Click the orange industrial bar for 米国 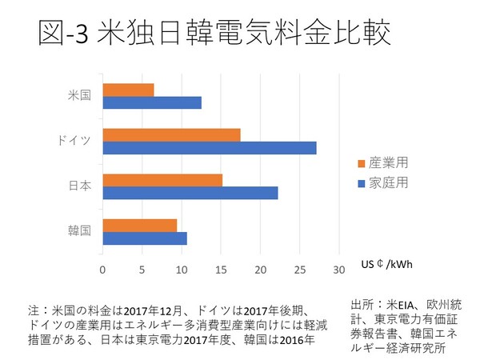point(128,90)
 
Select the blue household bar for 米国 point(152,102)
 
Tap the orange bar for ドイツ point(171,134)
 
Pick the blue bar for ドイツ point(210,148)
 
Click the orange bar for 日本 point(162,180)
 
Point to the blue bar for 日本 point(190,193)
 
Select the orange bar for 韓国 point(140,225)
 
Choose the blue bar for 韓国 point(145,238)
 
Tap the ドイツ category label point(74,141)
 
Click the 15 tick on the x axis point(221,269)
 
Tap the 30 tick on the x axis point(339,269)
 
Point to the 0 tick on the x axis point(102,269)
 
